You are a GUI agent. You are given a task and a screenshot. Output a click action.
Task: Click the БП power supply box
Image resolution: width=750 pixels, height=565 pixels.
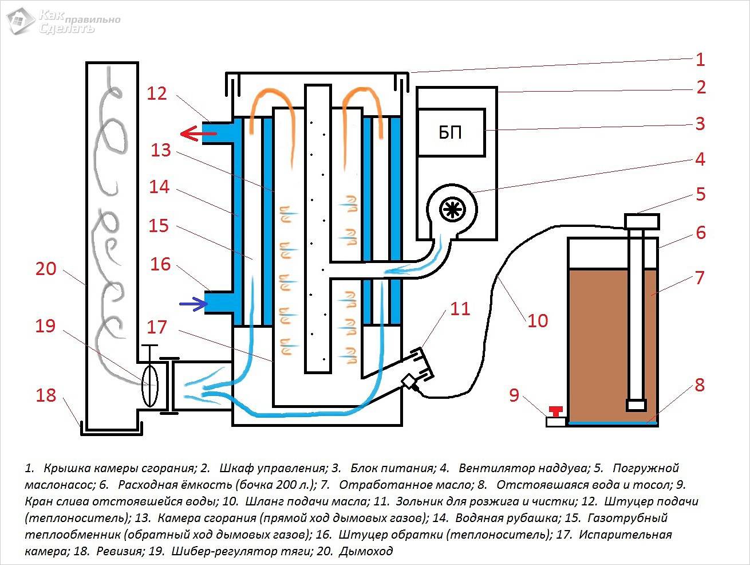click(451, 133)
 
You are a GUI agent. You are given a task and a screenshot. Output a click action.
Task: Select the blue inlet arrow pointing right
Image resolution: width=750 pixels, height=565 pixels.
click(193, 303)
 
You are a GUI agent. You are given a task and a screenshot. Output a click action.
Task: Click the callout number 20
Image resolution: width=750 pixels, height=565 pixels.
click(46, 268)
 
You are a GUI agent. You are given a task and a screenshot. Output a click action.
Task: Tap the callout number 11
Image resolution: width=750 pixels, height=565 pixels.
click(460, 309)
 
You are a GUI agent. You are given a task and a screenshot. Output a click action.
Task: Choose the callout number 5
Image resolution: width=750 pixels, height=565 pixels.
click(701, 194)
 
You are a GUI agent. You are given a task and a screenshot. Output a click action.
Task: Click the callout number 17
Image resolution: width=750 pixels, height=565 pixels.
click(157, 327)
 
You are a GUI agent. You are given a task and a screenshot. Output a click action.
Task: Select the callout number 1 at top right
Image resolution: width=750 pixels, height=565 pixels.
click(700, 60)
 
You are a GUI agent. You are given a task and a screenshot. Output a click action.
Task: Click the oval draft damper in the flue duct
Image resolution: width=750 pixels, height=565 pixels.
click(150, 386)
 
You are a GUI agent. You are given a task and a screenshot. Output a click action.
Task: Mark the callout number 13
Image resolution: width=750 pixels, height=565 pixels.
click(161, 150)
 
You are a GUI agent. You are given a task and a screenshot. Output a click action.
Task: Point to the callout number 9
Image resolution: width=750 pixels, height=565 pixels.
click(514, 395)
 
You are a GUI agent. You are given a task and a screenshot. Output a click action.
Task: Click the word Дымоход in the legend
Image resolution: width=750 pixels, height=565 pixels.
click(366, 551)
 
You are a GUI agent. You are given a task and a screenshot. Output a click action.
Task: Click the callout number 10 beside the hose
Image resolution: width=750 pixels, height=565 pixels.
click(537, 320)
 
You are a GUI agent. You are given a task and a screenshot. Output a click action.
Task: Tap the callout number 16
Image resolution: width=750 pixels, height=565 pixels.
click(161, 264)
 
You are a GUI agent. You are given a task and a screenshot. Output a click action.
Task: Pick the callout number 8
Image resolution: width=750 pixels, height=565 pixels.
click(699, 385)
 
